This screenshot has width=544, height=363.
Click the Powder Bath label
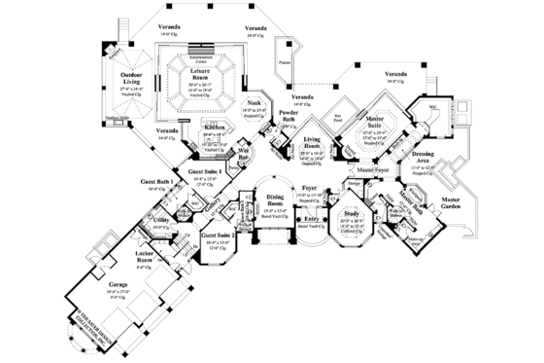[288, 117]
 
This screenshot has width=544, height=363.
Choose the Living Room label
[313, 146]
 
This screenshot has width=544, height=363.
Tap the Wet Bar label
[245, 154]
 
